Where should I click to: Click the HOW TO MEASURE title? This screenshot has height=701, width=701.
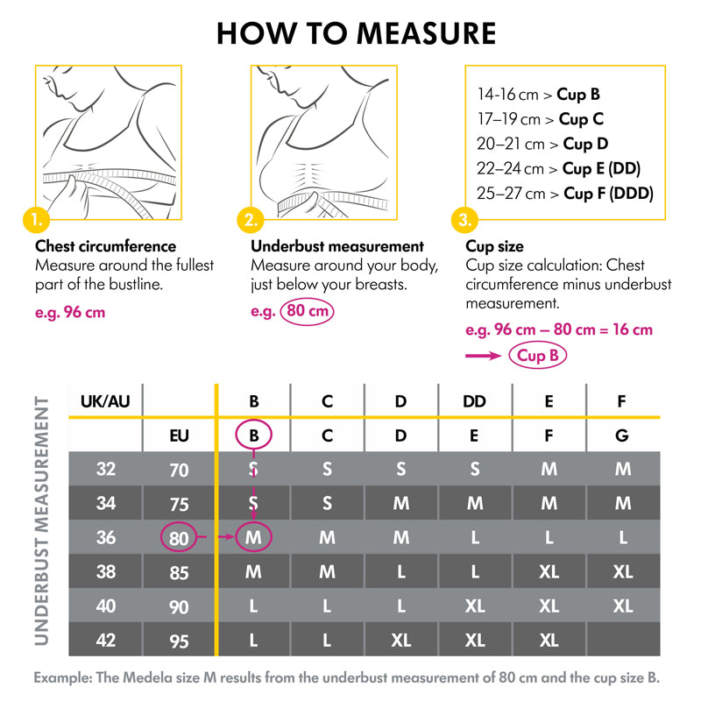(356, 33)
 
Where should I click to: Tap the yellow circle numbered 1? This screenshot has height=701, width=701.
(36, 218)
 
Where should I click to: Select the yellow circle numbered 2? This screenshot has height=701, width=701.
(251, 218)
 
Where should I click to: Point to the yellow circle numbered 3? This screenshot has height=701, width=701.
(465, 218)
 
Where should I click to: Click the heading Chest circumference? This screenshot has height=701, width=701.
(105, 247)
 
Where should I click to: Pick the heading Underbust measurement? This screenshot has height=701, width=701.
(337, 247)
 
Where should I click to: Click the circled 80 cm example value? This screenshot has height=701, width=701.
(307, 311)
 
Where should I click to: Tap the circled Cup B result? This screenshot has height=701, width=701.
(538, 356)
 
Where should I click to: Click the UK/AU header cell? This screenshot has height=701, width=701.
(105, 401)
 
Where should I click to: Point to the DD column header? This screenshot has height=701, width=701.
(474, 401)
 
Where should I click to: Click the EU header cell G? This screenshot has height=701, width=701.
(622, 435)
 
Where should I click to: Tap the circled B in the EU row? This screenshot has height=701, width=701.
(254, 435)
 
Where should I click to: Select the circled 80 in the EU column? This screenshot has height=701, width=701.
(179, 537)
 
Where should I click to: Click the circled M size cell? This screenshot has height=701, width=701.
(254, 537)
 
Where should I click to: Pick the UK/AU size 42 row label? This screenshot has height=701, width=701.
(105, 640)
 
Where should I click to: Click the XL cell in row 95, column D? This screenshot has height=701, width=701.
(400, 640)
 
